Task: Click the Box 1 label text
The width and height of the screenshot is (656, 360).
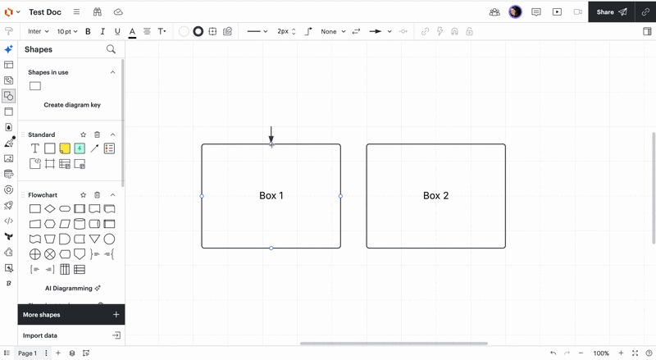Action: pos(271,195)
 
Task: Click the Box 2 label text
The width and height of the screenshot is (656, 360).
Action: pos(435,195)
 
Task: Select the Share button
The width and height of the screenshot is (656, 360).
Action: pos(611,12)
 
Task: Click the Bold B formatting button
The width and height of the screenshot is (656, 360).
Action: pos(88,31)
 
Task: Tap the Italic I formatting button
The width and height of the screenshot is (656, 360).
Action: pos(102,31)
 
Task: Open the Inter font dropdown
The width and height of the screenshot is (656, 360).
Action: pos(38,31)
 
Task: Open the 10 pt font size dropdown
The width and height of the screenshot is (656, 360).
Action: pos(67,31)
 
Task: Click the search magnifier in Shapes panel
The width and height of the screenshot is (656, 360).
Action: pos(111,49)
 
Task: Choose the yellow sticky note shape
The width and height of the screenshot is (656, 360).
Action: pos(65,148)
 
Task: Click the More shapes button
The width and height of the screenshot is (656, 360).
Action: pos(71,314)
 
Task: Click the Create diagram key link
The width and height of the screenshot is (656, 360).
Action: pos(72,105)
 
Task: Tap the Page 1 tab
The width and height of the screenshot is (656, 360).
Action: pos(27,353)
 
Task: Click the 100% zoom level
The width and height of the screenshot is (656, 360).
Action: pos(601,353)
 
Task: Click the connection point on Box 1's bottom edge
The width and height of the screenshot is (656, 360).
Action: pos(271,248)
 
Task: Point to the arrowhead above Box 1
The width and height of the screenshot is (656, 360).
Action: pos(271,139)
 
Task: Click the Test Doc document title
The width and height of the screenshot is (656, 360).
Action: pos(45,12)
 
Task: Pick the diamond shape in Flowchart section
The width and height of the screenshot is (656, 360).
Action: pos(50,208)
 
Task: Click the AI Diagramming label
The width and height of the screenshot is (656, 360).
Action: pos(69,288)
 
